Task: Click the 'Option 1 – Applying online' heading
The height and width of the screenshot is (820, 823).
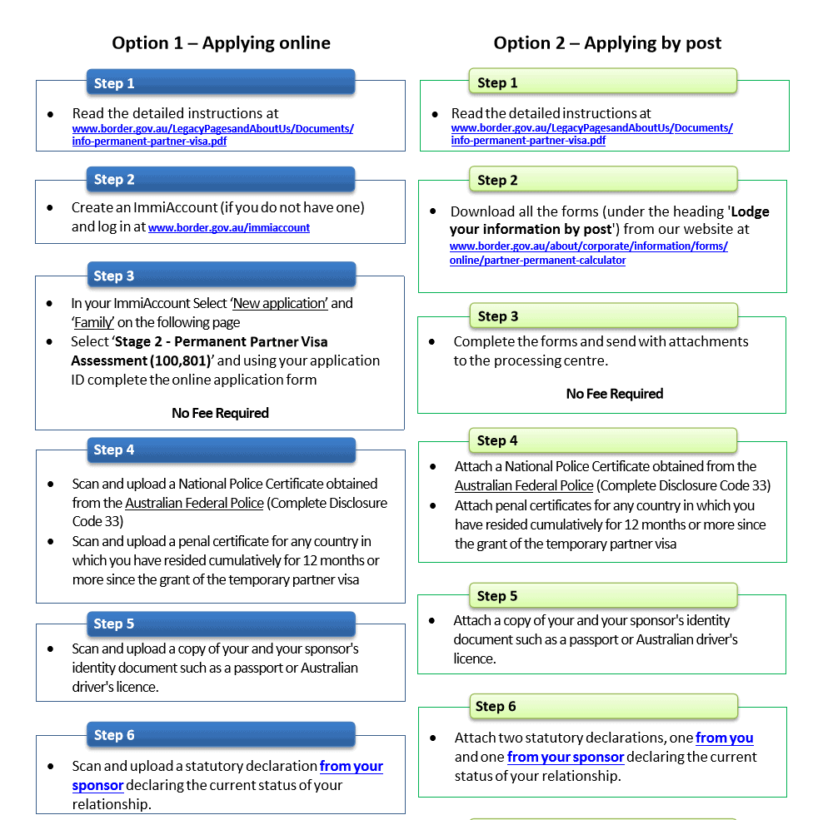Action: [x=221, y=43]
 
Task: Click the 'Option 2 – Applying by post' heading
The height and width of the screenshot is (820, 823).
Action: [x=607, y=43]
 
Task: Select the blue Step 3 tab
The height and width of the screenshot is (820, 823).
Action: [x=221, y=276]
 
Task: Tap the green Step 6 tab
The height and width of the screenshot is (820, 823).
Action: [x=603, y=706]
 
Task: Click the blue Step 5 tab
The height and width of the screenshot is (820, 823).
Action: [x=221, y=624]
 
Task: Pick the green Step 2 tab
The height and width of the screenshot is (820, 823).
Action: [x=603, y=180]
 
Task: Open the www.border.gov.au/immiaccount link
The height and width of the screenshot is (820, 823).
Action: [x=229, y=227]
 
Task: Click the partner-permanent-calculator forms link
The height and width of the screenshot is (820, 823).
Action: [x=588, y=253]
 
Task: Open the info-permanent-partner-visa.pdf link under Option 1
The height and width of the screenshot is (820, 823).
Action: [x=212, y=135]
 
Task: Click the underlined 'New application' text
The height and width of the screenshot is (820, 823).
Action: [x=280, y=303]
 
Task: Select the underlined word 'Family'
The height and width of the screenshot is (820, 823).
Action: [x=93, y=322]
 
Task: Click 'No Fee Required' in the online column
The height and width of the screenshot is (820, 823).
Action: [x=220, y=413]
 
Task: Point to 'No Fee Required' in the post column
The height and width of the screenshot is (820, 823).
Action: [x=615, y=394]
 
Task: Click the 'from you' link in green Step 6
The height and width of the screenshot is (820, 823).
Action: [x=724, y=738]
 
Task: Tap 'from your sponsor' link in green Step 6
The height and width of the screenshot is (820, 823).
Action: [x=566, y=757]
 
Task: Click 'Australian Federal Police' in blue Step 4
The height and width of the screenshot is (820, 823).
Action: [x=194, y=503]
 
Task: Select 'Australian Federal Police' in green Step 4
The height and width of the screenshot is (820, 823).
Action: [x=524, y=485]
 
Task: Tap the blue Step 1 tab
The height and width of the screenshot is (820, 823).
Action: [x=221, y=83]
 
